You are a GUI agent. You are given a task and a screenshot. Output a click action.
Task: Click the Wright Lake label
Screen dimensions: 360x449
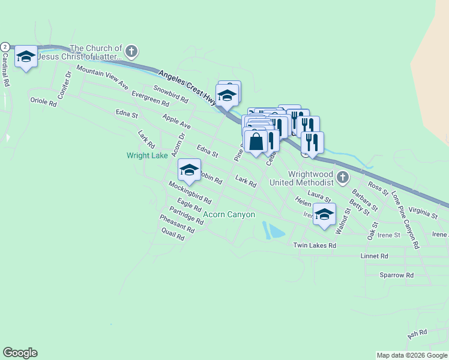pos(147,155)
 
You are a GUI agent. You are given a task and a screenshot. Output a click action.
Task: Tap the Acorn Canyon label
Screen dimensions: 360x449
pos(229,214)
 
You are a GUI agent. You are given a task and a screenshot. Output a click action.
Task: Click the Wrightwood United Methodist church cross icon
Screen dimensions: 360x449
pos(342,177)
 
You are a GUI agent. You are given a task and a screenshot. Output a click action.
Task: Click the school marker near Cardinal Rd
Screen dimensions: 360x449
pos(26,56)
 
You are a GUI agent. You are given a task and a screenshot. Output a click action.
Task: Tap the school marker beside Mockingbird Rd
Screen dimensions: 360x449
pos(189,170)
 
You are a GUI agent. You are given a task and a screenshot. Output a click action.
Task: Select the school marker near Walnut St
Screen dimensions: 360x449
pos(324,214)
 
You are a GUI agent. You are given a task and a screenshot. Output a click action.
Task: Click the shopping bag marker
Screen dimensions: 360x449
pos(256,142)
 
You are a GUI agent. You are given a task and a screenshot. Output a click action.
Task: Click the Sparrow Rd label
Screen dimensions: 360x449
pos(397,275)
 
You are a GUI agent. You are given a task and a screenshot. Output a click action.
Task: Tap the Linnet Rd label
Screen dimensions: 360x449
pos(375,256)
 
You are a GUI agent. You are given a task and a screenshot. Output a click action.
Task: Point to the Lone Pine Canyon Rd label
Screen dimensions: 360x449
pos(404,220)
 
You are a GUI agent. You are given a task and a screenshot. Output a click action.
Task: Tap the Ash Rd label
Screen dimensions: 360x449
pos(417,332)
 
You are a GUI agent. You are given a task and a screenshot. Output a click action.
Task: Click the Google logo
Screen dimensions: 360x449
pos(20,353)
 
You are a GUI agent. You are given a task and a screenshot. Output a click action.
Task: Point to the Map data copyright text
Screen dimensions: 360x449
pos(412,355)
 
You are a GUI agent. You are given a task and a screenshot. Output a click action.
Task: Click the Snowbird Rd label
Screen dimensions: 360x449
pos(170,94)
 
